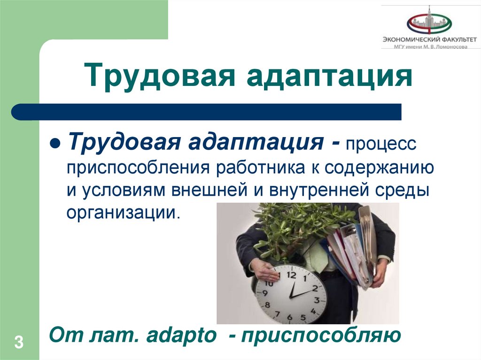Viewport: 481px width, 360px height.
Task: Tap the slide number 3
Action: point(19,342)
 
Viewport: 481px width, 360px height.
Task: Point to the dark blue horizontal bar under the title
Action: point(207,112)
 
